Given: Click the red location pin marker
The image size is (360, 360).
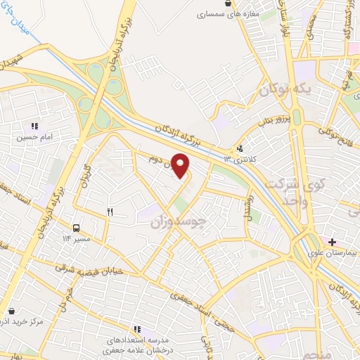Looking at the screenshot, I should tap(181, 166).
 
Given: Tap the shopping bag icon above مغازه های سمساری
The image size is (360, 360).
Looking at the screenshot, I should tap(226, 4).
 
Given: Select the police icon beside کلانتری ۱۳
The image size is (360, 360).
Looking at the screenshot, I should tap(241, 149).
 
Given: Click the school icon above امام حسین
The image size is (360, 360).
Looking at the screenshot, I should tap(34, 126).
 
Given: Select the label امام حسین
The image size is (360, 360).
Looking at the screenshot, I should tap(34, 138).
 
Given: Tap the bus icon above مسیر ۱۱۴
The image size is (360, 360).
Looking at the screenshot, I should tap(76, 228).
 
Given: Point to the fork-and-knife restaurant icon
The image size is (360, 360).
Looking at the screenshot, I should tap(110, 210).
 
